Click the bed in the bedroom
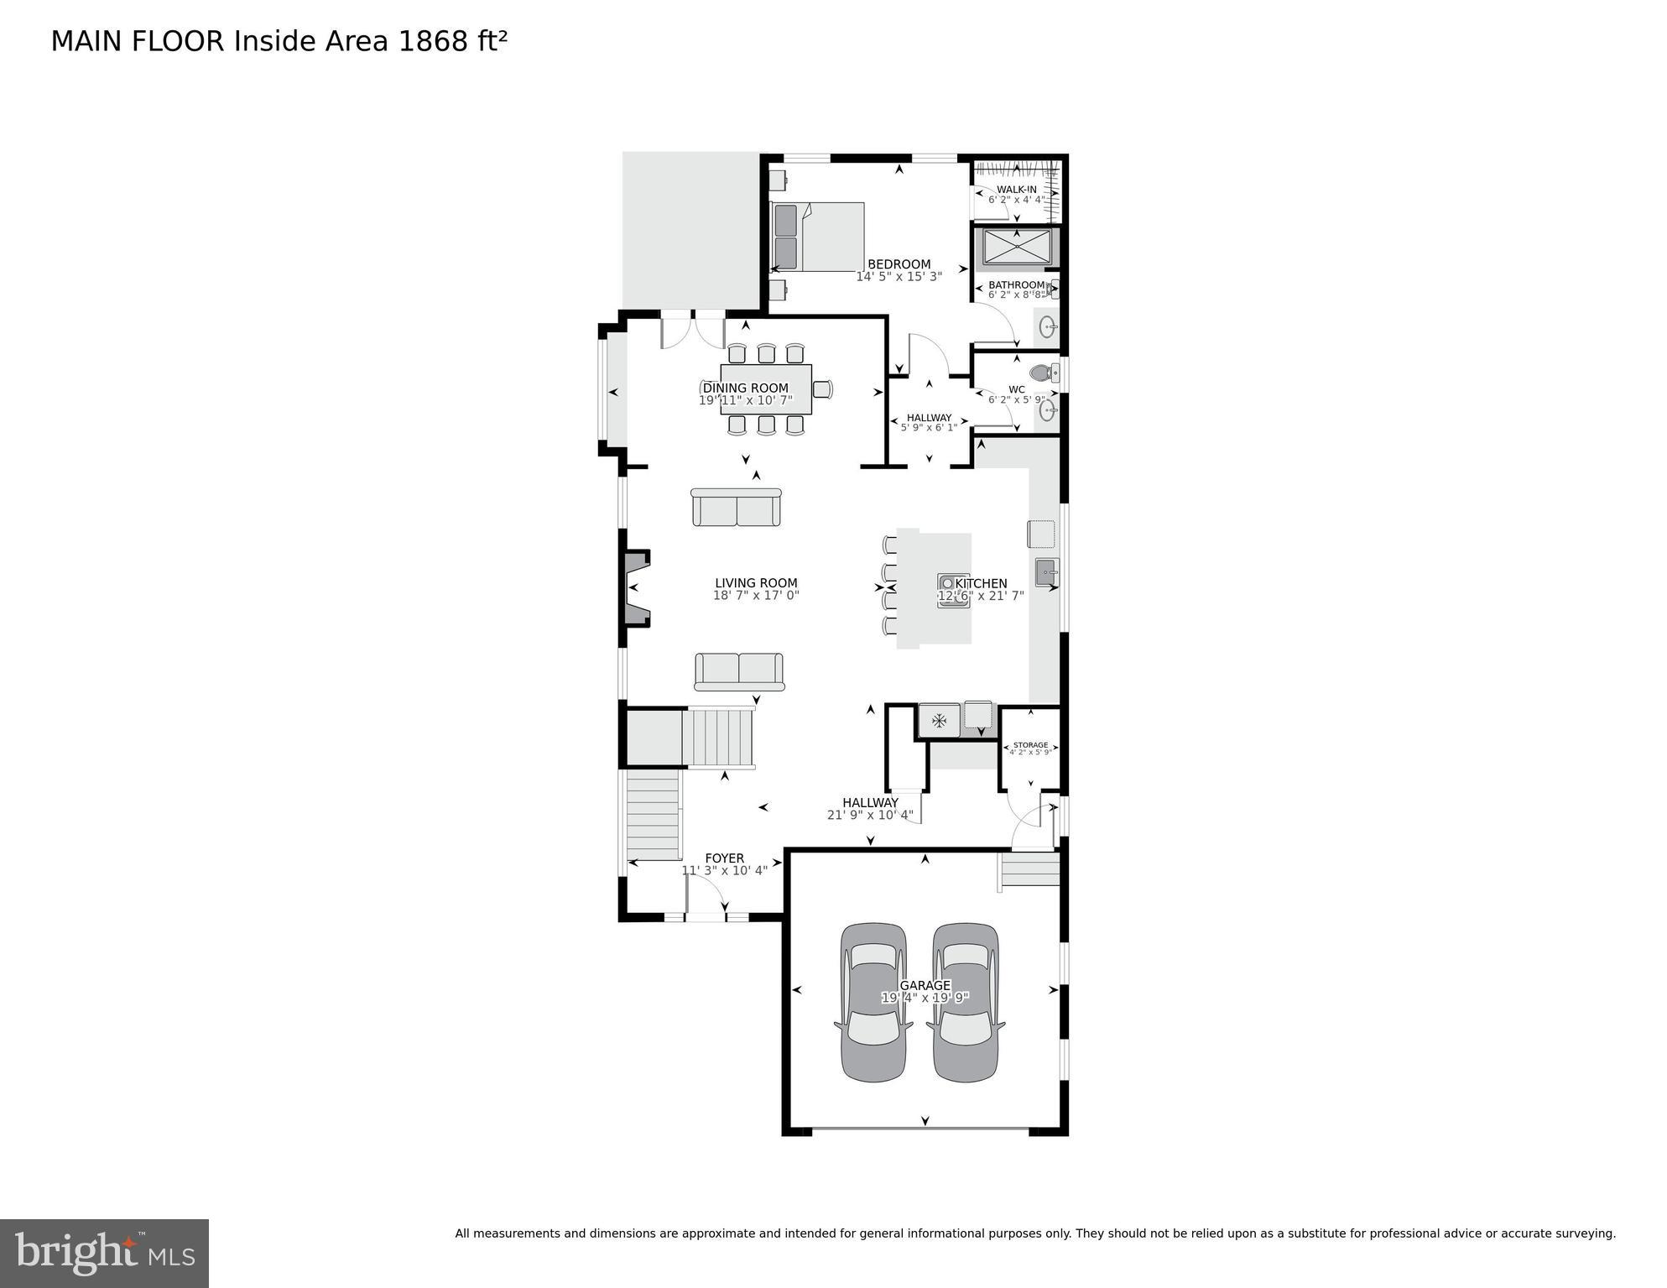click(818, 237)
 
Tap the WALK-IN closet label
click(1016, 190)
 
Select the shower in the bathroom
click(1016, 247)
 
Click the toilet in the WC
click(1042, 372)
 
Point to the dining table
click(766, 388)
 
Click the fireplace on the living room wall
click(636, 587)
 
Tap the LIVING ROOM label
click(756, 583)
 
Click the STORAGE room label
click(1030, 745)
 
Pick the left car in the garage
click(873, 1002)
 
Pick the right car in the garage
click(966, 1002)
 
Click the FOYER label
click(724, 858)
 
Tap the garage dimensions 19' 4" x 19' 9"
click(925, 998)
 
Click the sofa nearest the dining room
click(736, 508)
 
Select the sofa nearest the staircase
click(739, 671)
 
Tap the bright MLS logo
click(104, 1253)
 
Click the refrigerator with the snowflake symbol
click(939, 720)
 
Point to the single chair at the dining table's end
click(823, 388)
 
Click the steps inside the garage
click(1029, 869)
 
